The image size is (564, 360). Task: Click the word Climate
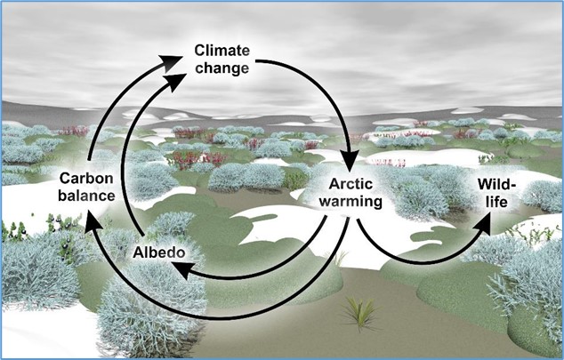(222, 51)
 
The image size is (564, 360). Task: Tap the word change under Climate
(222, 68)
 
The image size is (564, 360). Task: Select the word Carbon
(86, 178)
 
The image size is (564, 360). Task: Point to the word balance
(86, 196)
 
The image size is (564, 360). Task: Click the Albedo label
(159, 252)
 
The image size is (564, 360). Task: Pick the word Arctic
(350, 184)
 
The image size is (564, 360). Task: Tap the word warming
(350, 201)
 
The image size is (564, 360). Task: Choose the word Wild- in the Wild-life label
(496, 184)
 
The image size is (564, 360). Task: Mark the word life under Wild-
(496, 202)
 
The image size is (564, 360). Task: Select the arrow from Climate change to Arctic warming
(329, 94)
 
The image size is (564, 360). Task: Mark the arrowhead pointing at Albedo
(181, 270)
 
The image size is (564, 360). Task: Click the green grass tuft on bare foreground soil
(359, 312)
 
